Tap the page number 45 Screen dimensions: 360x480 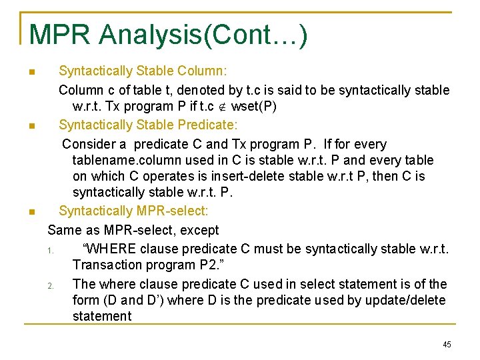point(447,344)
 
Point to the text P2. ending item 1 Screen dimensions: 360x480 point(212,265)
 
